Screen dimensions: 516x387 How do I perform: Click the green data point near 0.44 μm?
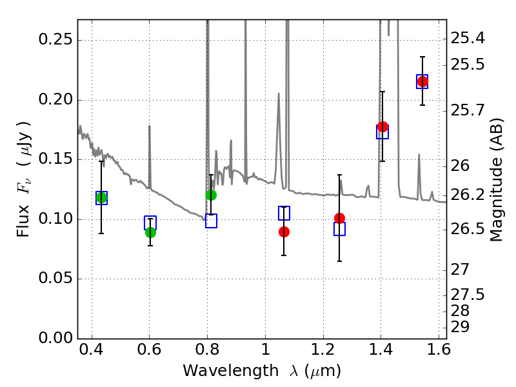tap(101, 198)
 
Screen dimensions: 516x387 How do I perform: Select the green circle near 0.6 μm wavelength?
tap(150, 232)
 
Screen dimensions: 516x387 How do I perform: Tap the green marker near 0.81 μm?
tap(211, 195)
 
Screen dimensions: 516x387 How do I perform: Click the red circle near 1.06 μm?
tap(284, 232)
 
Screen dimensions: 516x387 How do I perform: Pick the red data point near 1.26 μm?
tap(339, 218)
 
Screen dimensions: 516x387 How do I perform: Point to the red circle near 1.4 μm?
tap(382, 126)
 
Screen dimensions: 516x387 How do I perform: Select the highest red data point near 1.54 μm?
tap(422, 81)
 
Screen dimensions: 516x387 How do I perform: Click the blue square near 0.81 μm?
tap(211, 221)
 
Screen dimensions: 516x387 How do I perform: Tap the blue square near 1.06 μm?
tap(284, 213)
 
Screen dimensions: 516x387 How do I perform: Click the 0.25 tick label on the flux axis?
tap(55, 39)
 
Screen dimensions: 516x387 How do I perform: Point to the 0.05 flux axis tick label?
tap(55, 278)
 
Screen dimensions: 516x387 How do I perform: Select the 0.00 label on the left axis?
tap(55, 338)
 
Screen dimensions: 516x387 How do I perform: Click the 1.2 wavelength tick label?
tap(323, 350)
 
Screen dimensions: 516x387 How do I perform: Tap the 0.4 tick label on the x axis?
tap(92, 350)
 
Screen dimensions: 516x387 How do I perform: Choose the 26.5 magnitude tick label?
tap(467, 230)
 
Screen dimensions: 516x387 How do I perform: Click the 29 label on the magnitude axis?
tap(460, 328)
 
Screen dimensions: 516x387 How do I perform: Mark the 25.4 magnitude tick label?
tap(467, 39)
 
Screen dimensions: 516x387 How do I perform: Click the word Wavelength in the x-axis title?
tap(231, 371)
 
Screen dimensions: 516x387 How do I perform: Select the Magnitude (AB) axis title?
tap(497, 180)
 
